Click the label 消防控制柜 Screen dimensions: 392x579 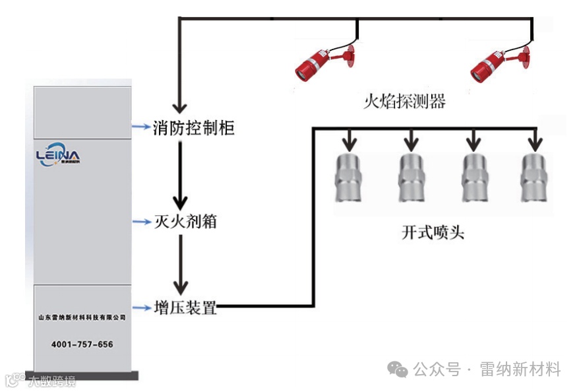point(193,127)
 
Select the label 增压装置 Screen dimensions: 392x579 point(185,307)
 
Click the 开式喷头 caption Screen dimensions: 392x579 point(433,233)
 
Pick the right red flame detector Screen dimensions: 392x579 point(499,59)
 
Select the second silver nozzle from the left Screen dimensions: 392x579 point(411,178)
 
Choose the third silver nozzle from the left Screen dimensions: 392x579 point(473,178)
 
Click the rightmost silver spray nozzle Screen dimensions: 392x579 point(533,178)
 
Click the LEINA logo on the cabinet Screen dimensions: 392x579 point(58,156)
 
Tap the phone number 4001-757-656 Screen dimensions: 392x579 point(82,344)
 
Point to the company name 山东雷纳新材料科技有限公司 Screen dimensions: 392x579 point(82,317)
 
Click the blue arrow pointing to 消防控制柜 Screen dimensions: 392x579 point(140,127)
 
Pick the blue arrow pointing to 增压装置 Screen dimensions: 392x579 point(140,308)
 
